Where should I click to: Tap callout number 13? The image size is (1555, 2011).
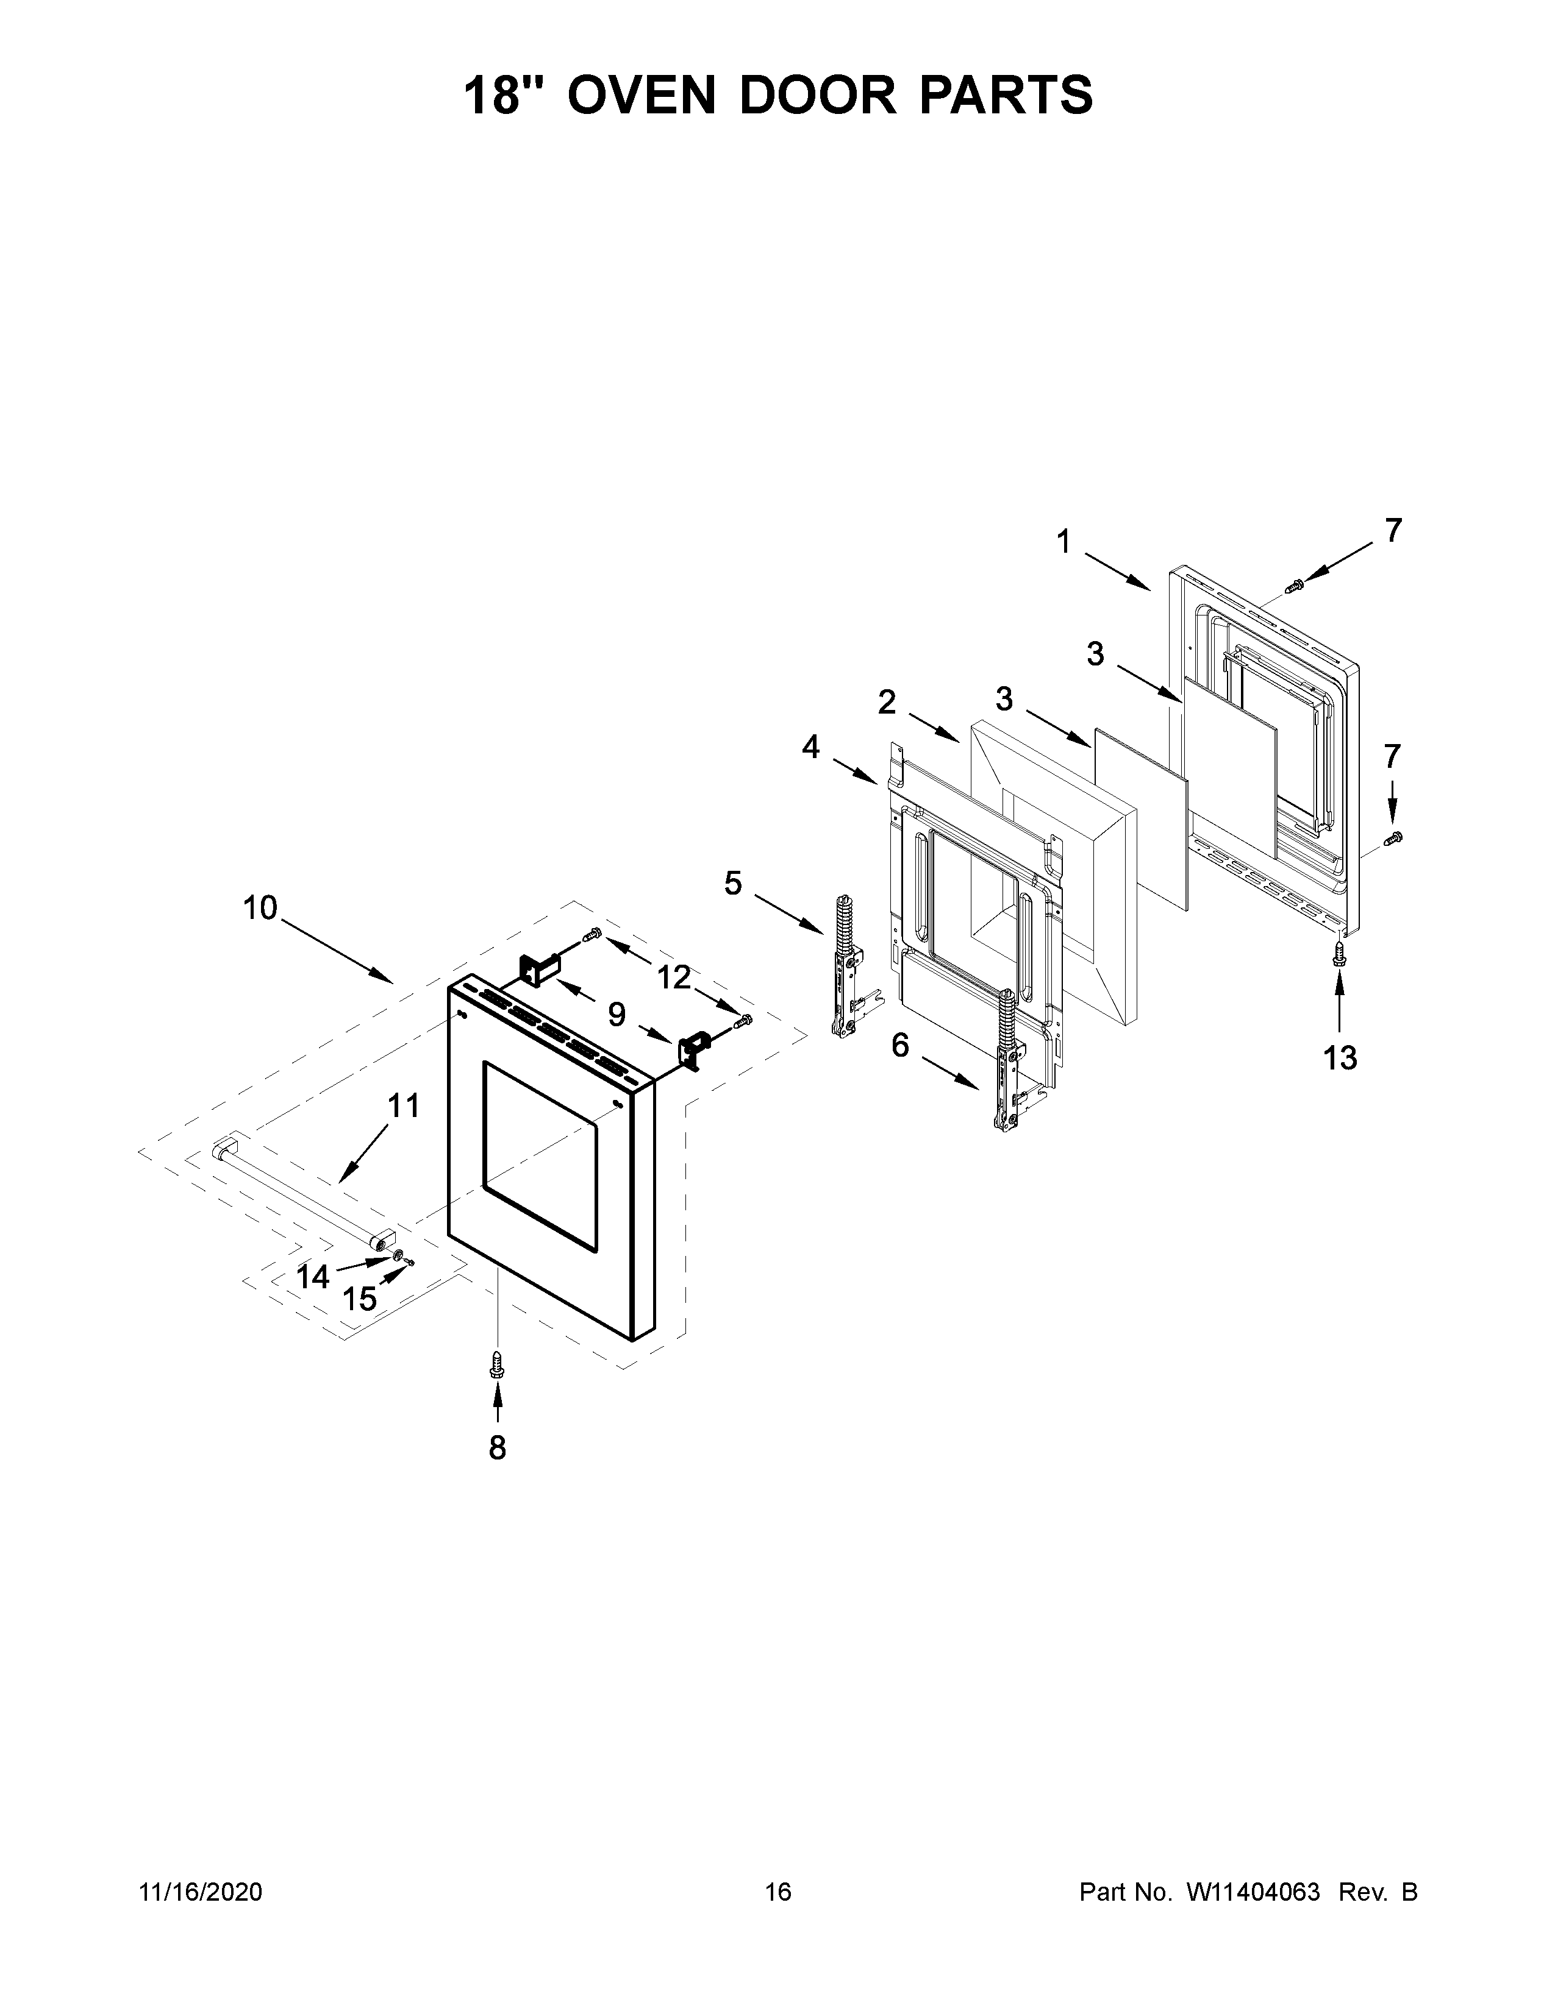click(x=1340, y=1059)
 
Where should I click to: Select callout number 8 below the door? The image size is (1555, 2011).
click(x=498, y=1449)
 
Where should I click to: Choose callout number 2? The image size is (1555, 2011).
click(x=886, y=703)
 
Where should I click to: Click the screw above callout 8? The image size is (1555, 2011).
click(x=498, y=1364)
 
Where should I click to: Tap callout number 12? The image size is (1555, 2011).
click(x=674, y=977)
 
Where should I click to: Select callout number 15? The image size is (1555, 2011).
click(x=359, y=1299)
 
